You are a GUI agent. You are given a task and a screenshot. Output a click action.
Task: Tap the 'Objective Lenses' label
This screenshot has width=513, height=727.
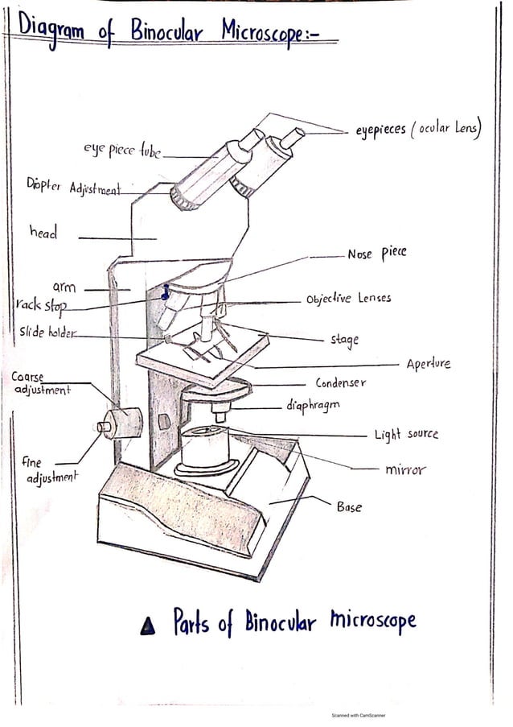click(348, 298)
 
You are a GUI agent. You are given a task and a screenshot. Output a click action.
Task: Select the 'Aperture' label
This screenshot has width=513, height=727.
click(429, 364)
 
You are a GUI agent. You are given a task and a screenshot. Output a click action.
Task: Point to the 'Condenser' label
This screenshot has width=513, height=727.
click(340, 383)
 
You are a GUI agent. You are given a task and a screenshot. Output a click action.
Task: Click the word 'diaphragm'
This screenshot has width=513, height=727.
click(313, 404)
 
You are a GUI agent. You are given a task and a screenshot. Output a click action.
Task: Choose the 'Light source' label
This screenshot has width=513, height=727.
click(406, 435)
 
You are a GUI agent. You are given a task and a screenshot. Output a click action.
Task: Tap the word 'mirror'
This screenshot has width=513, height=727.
click(405, 469)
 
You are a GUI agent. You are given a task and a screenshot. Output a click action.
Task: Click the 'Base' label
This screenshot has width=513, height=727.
click(349, 507)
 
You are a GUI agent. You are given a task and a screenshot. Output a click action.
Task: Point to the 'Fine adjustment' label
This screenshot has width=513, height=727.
click(51, 470)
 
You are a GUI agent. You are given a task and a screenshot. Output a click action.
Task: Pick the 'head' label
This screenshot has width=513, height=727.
click(44, 233)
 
